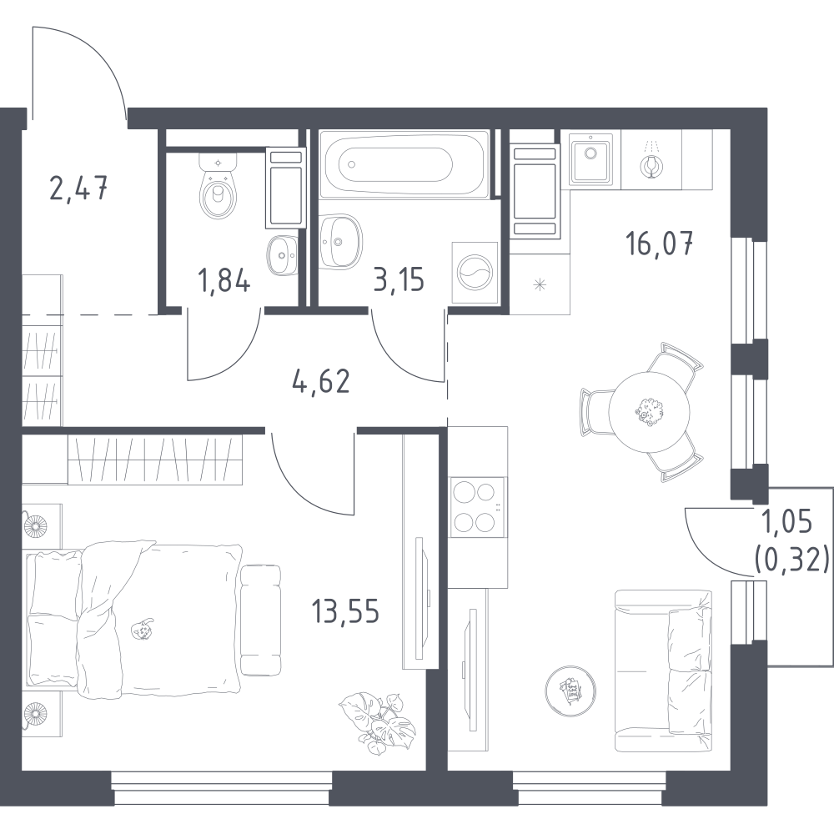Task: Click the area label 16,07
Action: point(660,244)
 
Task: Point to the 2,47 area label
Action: point(78,188)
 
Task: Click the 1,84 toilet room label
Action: point(224,280)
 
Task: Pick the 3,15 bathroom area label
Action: point(399,280)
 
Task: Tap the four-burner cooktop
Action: point(477,507)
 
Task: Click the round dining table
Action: point(649,412)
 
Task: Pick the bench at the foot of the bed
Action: point(260,620)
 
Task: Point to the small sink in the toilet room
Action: point(283,255)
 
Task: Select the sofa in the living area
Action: point(663,671)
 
